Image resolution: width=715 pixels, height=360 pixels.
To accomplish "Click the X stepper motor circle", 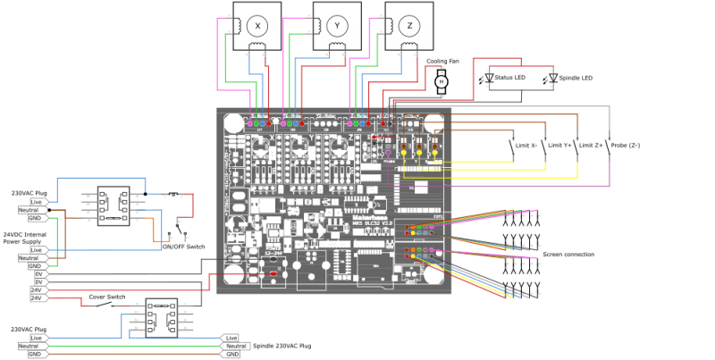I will click(x=257, y=25).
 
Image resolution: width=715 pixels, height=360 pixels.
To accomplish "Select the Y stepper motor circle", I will click(x=337, y=25).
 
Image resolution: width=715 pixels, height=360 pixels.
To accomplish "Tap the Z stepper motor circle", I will click(x=408, y=25).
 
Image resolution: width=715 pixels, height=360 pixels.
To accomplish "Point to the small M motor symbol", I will click(x=441, y=81).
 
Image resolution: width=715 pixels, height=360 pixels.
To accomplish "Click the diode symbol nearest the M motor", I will click(x=489, y=77).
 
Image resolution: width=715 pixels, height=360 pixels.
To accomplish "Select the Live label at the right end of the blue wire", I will click(x=231, y=338).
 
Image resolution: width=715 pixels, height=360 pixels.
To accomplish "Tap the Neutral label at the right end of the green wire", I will click(x=235, y=346).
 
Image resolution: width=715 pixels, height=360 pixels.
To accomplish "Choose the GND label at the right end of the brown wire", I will click(x=231, y=354).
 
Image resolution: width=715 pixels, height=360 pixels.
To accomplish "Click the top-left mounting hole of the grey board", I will click(x=234, y=122).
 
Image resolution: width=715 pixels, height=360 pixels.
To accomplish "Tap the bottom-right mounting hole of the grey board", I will click(x=434, y=274).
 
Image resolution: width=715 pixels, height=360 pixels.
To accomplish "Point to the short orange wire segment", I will click(x=161, y=241).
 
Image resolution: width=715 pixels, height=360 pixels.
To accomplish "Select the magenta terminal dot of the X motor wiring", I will click(x=250, y=123).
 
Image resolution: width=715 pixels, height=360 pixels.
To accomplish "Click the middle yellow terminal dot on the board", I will click(x=419, y=153).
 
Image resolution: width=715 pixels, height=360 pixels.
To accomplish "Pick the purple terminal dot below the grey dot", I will click(x=388, y=153).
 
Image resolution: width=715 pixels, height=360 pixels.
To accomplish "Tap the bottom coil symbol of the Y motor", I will click(x=337, y=46).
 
